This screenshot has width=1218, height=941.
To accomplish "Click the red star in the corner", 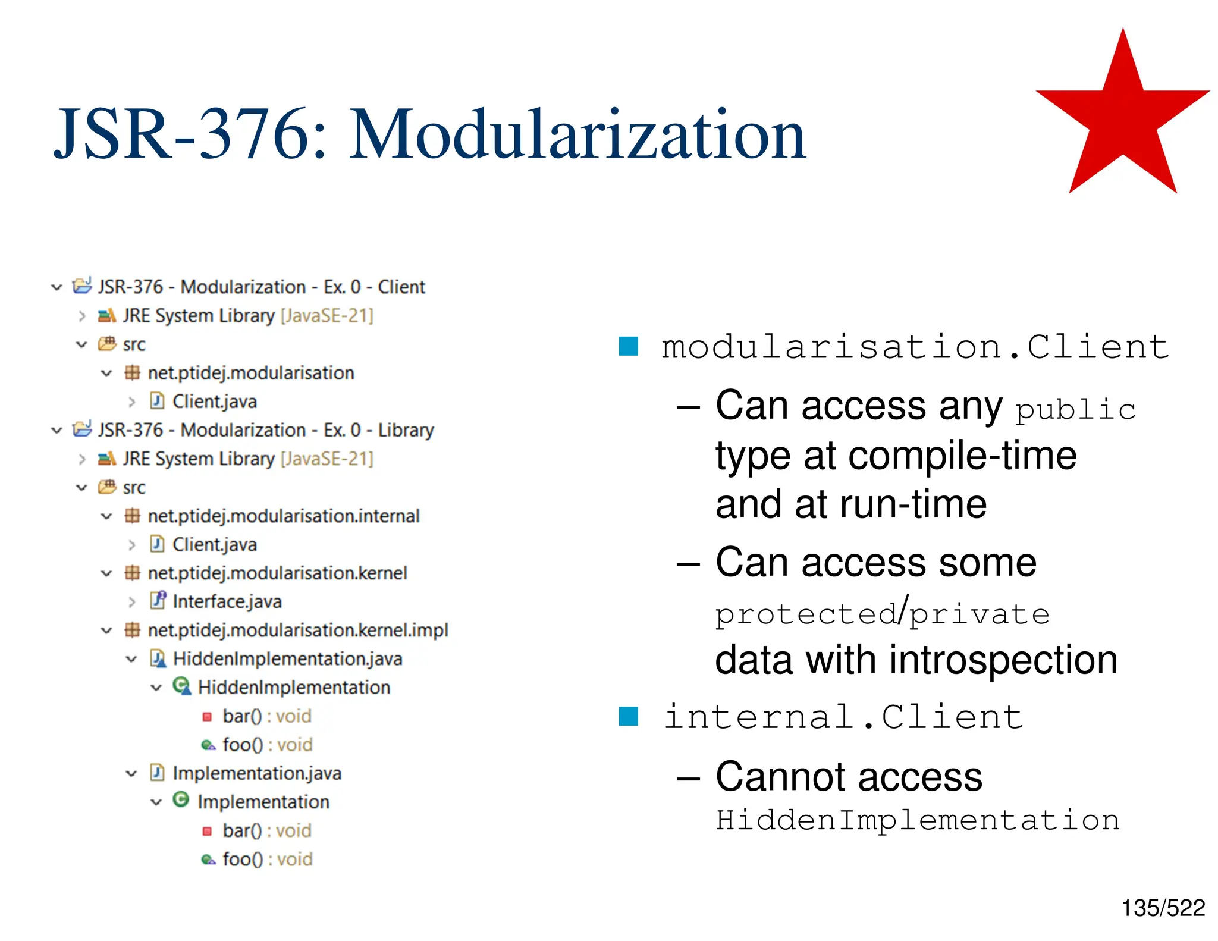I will [x=1122, y=119].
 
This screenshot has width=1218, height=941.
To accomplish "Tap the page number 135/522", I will [x=1163, y=908].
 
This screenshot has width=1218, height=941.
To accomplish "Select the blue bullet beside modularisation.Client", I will [x=628, y=346].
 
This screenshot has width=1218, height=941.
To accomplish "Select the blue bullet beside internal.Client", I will [x=628, y=716].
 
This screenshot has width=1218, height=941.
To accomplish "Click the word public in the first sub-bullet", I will [x=1075, y=410].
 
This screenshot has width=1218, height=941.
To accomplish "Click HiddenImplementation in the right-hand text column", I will [x=917, y=820].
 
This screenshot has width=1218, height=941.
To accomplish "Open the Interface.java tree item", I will [x=227, y=601].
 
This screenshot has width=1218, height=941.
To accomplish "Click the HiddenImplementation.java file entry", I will [x=287, y=658].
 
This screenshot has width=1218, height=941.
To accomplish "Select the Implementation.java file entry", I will [x=256, y=773].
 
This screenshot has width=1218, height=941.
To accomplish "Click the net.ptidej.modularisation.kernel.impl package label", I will [x=297, y=630].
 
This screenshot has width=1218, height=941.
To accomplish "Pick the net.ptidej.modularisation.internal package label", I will [x=283, y=516].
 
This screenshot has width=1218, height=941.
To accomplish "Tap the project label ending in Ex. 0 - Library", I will [x=265, y=429].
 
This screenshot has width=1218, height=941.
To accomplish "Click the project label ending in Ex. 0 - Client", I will [x=261, y=287].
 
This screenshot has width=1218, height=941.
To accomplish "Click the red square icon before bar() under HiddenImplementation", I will [x=207, y=716].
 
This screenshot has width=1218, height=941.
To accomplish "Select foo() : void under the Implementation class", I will [x=267, y=859].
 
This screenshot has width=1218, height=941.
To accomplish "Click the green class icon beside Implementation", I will [x=181, y=800].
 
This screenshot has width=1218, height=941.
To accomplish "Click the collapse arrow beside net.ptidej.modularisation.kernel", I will [x=106, y=573].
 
